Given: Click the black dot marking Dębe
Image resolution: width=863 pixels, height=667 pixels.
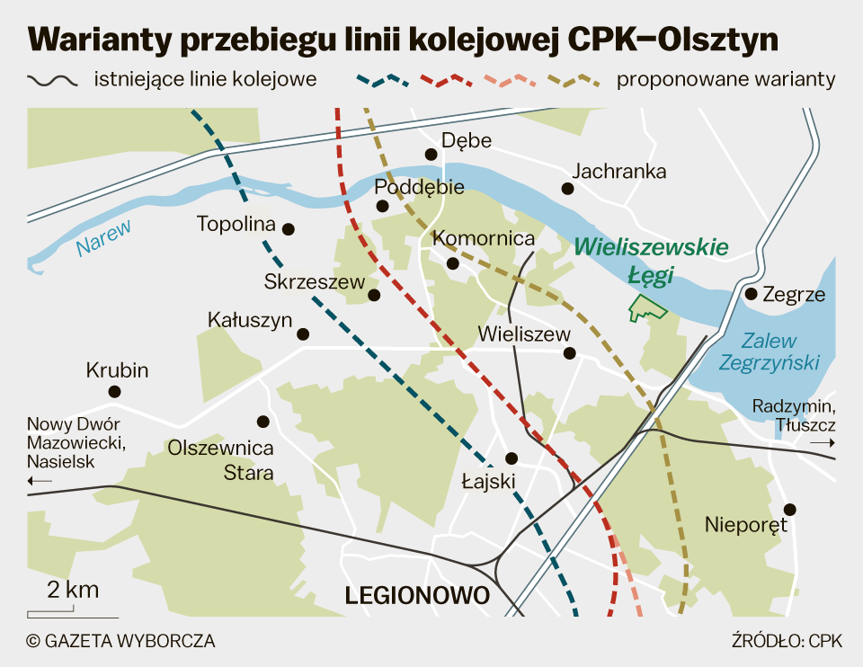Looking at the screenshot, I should (x=431, y=155).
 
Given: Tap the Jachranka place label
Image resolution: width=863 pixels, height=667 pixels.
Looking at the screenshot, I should (x=618, y=171).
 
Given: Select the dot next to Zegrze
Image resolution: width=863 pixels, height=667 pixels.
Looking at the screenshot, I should (x=751, y=293).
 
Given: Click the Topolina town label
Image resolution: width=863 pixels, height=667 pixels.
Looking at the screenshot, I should (x=236, y=224).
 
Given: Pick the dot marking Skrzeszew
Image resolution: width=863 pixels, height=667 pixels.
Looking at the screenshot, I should (x=375, y=294).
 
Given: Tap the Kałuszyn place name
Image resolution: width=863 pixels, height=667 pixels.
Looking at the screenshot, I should (x=250, y=319).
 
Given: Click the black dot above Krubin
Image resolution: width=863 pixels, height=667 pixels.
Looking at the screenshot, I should (x=114, y=391).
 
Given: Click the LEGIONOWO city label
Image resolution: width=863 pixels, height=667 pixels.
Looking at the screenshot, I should (x=417, y=595).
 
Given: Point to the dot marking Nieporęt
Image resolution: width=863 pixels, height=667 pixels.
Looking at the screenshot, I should (x=790, y=509).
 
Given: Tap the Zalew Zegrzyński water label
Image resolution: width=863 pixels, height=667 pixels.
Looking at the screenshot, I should (x=770, y=352).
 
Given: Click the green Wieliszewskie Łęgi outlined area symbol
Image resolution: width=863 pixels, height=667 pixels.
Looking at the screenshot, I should (x=647, y=308).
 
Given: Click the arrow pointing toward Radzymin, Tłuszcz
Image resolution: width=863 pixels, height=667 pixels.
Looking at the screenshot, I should (x=822, y=444).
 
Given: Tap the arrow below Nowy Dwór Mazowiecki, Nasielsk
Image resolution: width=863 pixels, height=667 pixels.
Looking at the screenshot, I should (x=40, y=482).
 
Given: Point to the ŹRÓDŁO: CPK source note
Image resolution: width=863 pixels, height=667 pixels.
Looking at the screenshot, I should (x=784, y=641).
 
